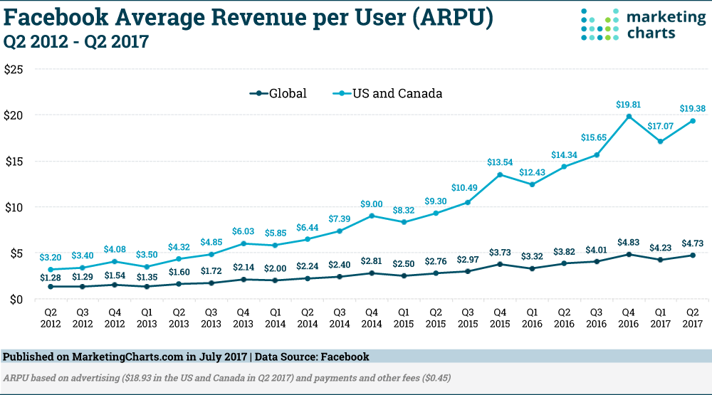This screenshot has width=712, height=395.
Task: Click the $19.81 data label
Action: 629,105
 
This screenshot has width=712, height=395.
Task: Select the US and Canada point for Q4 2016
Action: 629,117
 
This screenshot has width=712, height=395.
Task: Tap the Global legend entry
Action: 279,93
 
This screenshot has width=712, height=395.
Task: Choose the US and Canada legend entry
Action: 388,93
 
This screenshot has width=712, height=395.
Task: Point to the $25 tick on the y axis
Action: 14,70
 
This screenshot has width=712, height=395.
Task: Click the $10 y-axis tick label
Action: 14,207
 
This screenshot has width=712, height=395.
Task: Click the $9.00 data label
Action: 372,204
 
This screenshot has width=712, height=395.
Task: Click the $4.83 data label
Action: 629,242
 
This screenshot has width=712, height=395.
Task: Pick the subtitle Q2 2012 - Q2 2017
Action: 76,42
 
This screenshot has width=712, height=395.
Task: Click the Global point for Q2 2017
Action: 692,255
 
